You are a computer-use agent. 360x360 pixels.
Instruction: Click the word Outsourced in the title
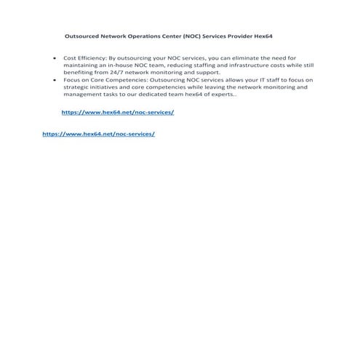(81, 35)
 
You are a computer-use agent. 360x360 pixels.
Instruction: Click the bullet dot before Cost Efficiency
(56, 56)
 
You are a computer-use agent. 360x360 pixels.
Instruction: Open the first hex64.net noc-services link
(118, 113)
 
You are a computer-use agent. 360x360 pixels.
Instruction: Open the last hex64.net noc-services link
(99, 135)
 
